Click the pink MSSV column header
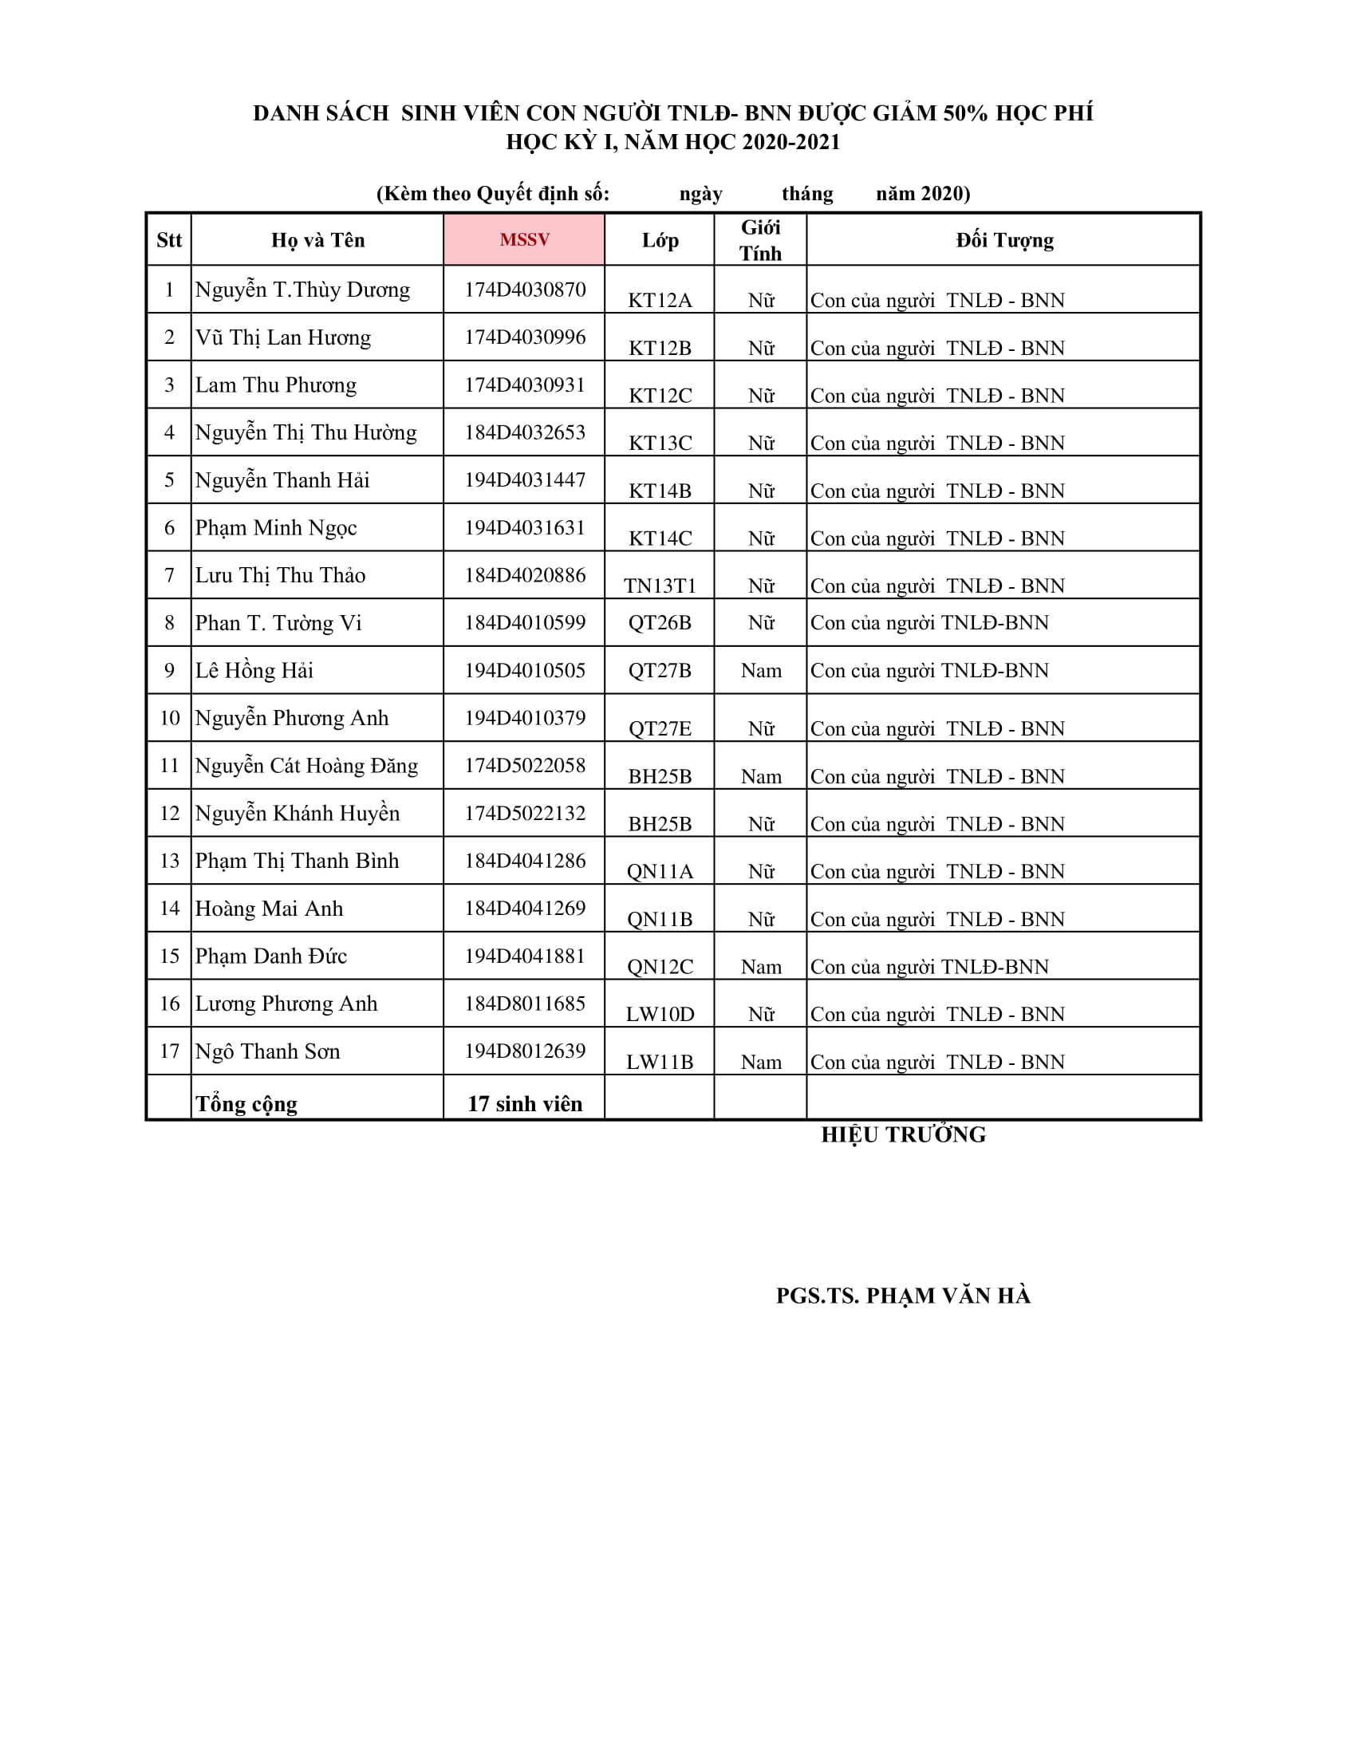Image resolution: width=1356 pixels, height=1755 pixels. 524,239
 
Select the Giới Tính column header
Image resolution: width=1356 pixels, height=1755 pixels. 760,239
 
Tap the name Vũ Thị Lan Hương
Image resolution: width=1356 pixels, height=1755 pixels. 283,337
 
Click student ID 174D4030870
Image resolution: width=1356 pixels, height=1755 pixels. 525,290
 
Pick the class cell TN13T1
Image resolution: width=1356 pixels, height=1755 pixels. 660,586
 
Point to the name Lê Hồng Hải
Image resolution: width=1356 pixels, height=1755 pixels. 254,670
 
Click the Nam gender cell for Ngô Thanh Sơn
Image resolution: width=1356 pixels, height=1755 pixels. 761,1062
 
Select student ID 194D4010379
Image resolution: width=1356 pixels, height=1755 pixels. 525,718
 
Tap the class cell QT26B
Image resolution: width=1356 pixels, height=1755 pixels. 660,623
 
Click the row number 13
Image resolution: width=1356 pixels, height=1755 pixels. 169,861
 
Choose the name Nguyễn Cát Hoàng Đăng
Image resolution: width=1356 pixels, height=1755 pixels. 306,766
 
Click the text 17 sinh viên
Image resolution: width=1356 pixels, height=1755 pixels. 525,1103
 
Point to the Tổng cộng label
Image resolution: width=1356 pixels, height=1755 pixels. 246,1103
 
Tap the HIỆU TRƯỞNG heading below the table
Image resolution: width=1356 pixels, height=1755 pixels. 903,1134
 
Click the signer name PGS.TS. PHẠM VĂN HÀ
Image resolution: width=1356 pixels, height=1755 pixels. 903,1296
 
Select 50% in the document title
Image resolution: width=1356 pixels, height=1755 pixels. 965,113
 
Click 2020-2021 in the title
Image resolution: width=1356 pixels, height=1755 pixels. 790,142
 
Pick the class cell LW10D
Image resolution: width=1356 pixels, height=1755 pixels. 660,1014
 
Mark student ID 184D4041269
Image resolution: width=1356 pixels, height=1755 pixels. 525,908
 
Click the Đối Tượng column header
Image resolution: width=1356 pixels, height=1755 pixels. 1004,239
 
